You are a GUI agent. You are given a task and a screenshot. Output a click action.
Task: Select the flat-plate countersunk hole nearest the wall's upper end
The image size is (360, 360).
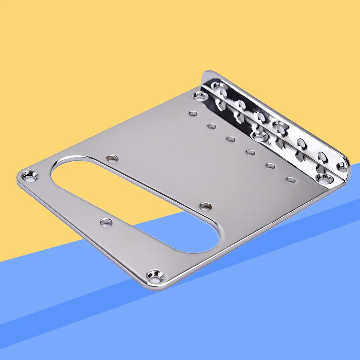click(199, 96)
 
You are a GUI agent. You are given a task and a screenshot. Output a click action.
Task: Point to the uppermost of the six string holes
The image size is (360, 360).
click(193, 114)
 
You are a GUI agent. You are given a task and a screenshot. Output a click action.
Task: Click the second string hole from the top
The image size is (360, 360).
click(212, 126)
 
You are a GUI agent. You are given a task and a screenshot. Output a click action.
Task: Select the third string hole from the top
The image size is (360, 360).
click(231, 139)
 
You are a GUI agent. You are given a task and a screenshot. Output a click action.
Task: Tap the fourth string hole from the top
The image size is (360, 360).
click(250, 152)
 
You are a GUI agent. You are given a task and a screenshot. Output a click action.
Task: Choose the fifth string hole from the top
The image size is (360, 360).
click(270, 166)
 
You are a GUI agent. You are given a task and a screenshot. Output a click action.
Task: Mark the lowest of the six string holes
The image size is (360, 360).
click(291, 180)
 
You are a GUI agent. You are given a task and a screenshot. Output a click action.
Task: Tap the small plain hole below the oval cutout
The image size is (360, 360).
click(106, 223)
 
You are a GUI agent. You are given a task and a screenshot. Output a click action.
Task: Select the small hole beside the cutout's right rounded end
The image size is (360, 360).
click(205, 206)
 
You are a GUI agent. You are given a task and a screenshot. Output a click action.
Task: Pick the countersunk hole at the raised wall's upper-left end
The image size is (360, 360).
click(218, 86)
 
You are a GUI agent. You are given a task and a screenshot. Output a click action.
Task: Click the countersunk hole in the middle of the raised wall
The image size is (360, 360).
click(280, 126)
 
